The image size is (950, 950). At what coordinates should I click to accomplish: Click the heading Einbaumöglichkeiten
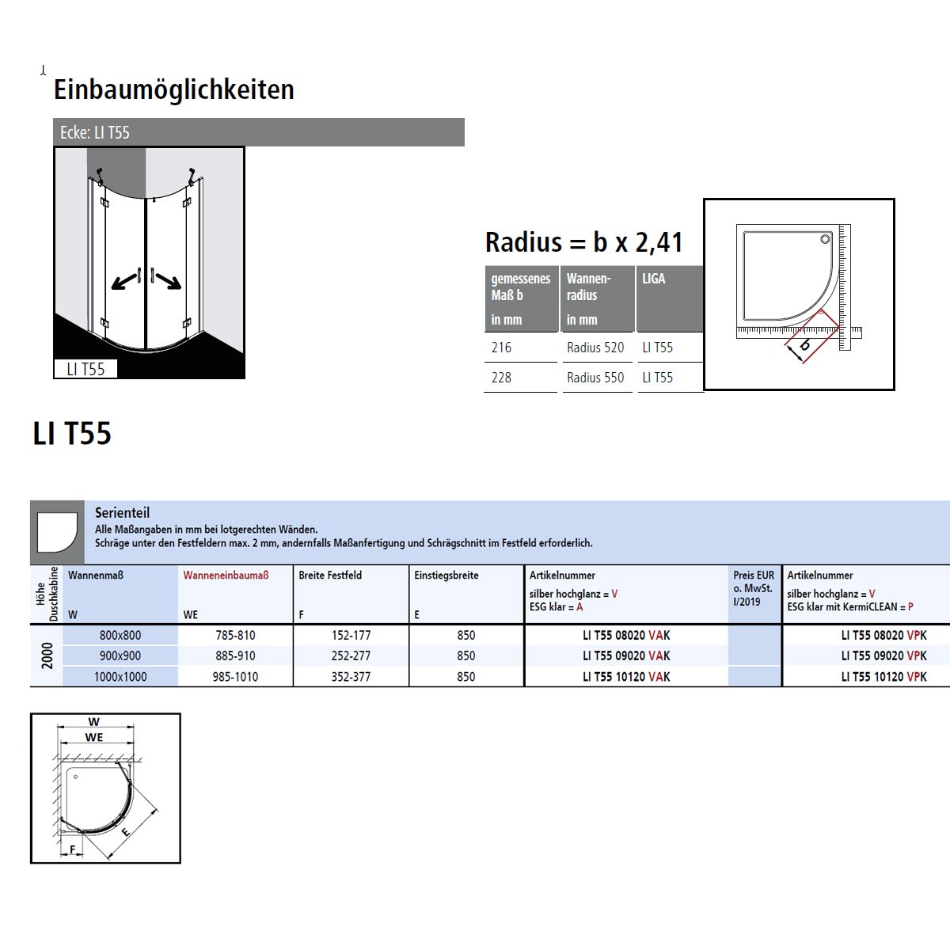point(174,89)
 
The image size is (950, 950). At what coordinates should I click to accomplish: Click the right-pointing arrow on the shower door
point(169,281)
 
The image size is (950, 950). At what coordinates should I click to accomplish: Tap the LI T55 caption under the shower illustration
point(85,369)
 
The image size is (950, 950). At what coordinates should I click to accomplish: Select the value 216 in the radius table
point(501,348)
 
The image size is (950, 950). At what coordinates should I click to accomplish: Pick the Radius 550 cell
point(595,378)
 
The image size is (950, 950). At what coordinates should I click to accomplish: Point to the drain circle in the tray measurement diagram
point(825,239)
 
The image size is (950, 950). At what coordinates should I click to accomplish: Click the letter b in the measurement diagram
point(804,344)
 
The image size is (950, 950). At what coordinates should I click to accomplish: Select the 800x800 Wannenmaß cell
point(120,635)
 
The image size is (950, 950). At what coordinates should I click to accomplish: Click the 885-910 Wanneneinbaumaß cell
point(235,655)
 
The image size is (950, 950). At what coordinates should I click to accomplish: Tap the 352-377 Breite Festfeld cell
point(351,676)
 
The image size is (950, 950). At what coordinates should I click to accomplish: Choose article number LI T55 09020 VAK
point(626,655)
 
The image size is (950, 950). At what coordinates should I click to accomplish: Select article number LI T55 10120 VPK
point(883,676)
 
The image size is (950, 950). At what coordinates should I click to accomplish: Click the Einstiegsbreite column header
point(446,576)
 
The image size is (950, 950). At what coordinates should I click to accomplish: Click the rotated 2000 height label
point(47,655)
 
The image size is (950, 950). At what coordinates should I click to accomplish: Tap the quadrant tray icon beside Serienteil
point(57,533)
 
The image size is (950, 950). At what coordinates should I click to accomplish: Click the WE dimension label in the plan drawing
point(94,737)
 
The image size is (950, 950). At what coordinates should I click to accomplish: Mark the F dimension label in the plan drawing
point(73,849)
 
